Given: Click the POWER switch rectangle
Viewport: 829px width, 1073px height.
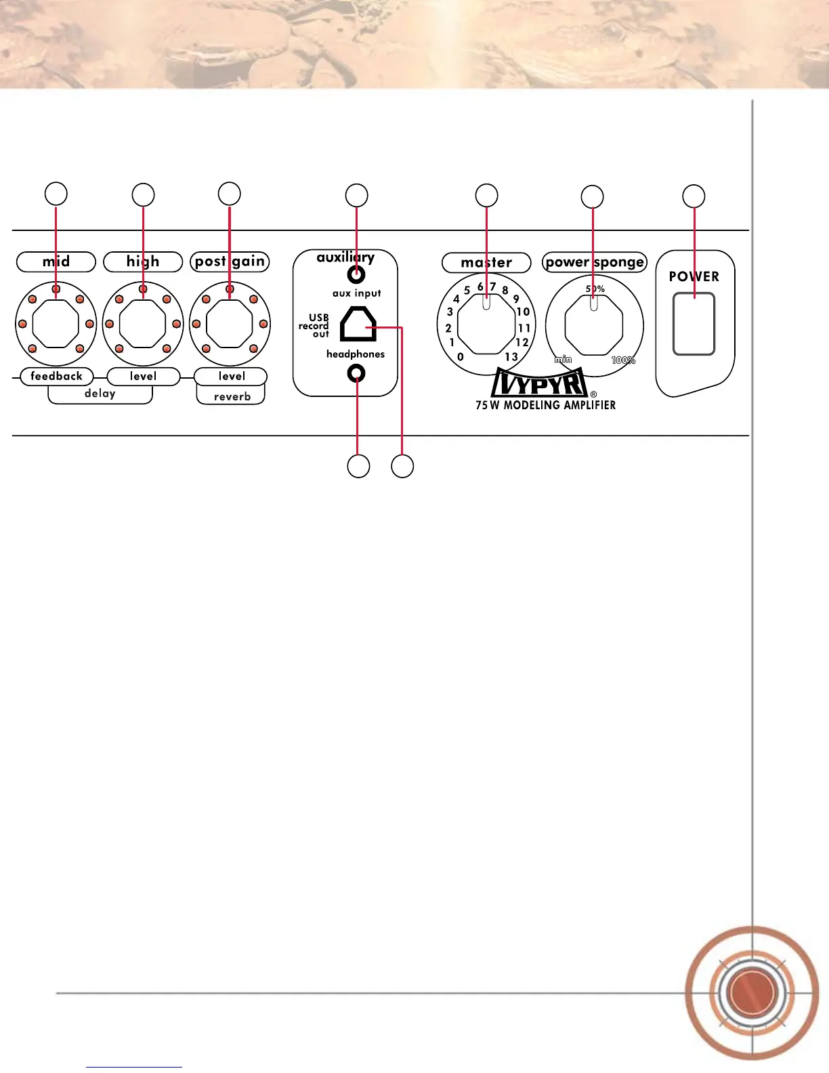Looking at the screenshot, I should pyautogui.click(x=694, y=324).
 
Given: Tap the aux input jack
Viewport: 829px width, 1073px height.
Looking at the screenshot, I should pyautogui.click(x=356, y=275).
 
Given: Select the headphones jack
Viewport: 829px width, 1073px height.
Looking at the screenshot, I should pyautogui.click(x=356, y=373).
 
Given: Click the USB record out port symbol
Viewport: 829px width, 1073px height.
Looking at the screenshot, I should pyautogui.click(x=358, y=324).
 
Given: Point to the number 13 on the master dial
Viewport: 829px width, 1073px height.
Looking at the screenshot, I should pyautogui.click(x=511, y=356).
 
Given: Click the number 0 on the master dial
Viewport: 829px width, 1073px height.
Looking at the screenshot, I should pyautogui.click(x=461, y=357).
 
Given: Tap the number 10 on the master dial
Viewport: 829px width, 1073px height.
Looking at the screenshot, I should pyautogui.click(x=523, y=312).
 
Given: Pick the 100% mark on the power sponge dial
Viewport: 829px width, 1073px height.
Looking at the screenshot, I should pyautogui.click(x=623, y=360).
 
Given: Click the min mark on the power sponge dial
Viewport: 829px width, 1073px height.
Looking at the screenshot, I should pyautogui.click(x=564, y=360).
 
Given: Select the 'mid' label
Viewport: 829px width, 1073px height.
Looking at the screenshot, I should pyautogui.click(x=56, y=261).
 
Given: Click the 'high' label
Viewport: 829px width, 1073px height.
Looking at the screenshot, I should pyautogui.click(x=143, y=261).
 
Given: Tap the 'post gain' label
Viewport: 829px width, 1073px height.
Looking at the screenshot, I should pyautogui.click(x=230, y=261).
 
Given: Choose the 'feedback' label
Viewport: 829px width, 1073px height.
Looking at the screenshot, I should pyautogui.click(x=56, y=376).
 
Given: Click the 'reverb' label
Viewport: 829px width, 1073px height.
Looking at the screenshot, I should pyautogui.click(x=232, y=397).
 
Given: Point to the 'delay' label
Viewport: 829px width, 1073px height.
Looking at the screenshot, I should pyautogui.click(x=100, y=394).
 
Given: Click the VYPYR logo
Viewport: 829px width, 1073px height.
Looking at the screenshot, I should pyautogui.click(x=540, y=383).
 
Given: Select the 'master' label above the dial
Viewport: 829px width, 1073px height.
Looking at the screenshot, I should pyautogui.click(x=486, y=262).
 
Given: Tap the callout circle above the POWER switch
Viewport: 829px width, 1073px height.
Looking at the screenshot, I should pyautogui.click(x=694, y=196).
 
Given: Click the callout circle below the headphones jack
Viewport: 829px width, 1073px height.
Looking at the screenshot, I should pyautogui.click(x=358, y=466).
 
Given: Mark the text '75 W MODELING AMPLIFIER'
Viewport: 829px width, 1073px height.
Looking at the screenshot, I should pyautogui.click(x=545, y=405).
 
